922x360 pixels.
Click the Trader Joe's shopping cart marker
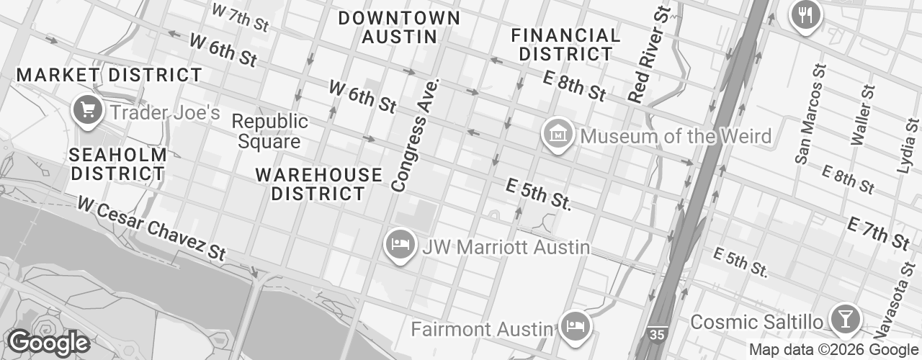88,111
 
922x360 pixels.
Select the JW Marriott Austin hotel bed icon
400,245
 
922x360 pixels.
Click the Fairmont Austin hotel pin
576,326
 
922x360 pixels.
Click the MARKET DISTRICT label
109,75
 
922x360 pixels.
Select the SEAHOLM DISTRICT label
119,164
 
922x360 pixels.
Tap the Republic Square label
270,131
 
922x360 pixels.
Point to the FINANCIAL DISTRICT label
565,44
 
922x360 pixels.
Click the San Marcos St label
810,114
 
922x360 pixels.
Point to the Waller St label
861,114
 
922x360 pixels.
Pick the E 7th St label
878,233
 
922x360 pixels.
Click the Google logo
48,343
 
